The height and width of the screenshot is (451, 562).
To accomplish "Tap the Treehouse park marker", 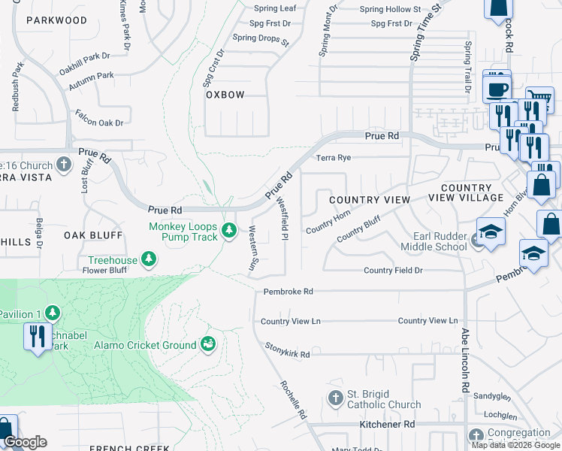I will [x=149, y=260].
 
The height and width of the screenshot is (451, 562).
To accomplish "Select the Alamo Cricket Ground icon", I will [x=208, y=344].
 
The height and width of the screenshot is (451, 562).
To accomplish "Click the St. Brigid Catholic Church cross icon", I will [x=335, y=396].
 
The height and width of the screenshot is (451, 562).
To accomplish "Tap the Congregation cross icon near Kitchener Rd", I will [x=476, y=435].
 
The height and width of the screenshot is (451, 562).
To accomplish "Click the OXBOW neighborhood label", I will [x=225, y=95].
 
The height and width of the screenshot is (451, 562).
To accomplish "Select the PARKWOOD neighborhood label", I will [x=56, y=20].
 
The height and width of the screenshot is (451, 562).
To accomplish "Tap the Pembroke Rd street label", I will [x=288, y=292].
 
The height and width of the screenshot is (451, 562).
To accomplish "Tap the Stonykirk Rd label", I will [x=288, y=350].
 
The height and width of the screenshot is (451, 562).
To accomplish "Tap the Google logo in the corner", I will [x=25, y=442].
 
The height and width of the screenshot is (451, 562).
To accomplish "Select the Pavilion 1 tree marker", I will [x=52, y=312].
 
